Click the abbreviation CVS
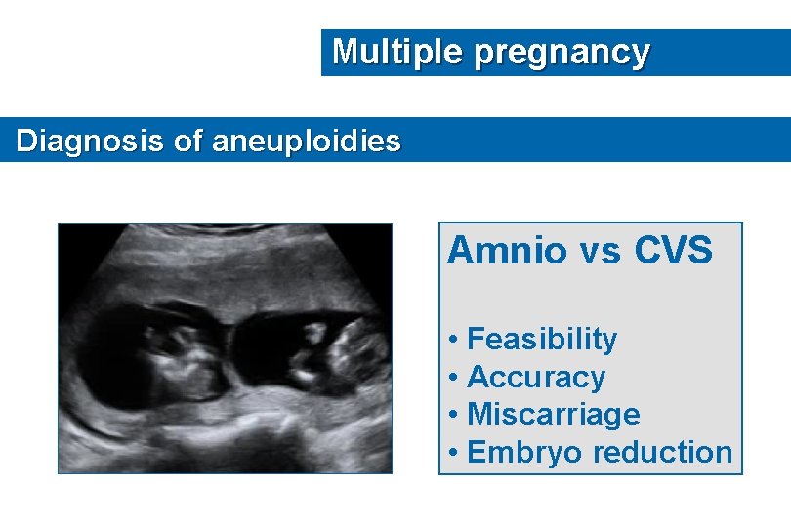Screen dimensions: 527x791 674,251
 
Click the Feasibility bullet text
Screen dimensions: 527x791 542,340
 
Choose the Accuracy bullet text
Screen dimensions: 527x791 536,377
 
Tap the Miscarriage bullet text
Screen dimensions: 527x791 553,415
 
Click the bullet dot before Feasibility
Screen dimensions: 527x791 455,341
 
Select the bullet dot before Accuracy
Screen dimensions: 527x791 455,378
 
